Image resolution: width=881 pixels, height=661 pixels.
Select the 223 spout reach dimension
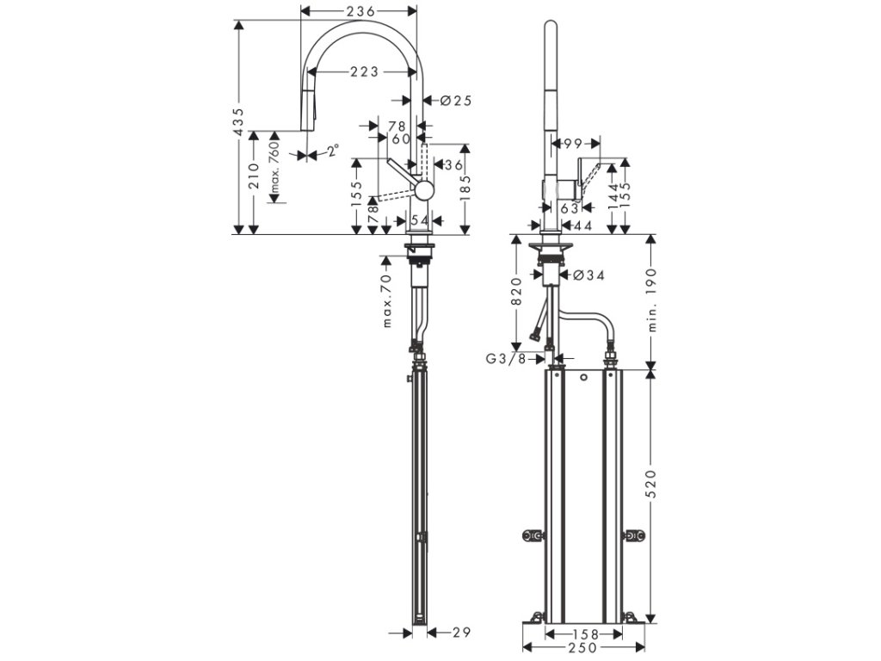365,72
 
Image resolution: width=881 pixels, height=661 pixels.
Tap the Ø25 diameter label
456,101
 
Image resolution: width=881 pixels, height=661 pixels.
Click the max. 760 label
275,167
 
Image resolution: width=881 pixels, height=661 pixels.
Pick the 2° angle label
332,153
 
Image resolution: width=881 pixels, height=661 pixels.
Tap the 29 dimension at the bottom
462,633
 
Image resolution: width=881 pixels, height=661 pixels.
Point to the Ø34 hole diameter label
588,275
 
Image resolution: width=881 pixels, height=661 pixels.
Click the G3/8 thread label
505,359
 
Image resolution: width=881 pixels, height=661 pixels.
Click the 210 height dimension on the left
254,177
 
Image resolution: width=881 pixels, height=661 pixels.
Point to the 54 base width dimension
419,221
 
